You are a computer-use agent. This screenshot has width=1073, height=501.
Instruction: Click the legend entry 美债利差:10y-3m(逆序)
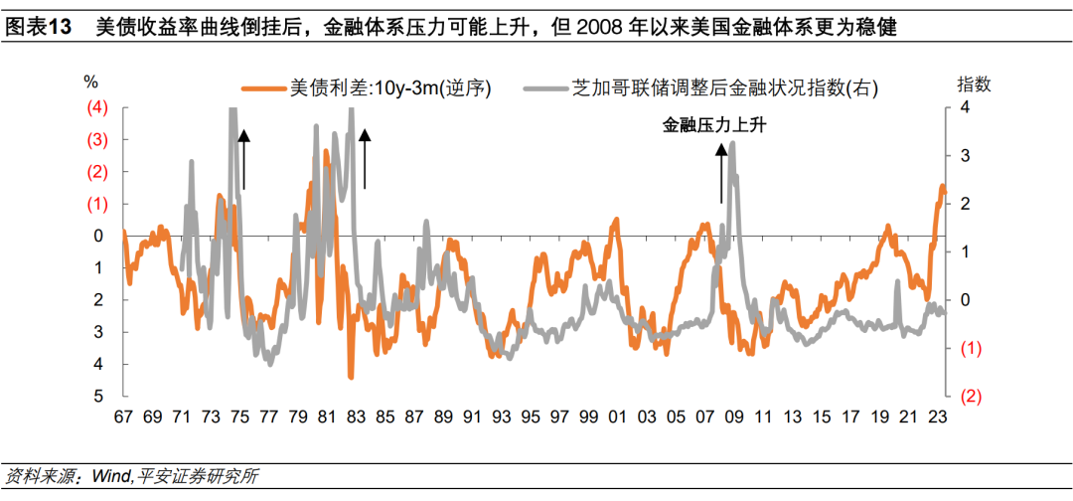click(389, 88)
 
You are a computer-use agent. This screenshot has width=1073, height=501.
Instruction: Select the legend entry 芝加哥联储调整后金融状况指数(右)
click(724, 88)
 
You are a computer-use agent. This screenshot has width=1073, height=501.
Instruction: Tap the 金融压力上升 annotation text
click(715, 125)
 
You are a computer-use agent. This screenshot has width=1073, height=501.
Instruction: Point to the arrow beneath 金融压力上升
click(721, 172)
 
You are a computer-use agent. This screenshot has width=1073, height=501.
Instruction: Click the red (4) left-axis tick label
click(98, 107)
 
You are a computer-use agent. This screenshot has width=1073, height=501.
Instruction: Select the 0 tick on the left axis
click(98, 236)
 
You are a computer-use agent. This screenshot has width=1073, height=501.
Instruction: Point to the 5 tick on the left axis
click(98, 396)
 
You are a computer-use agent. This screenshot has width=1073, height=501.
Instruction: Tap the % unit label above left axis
click(91, 83)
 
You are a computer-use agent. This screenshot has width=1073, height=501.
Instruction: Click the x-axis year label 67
click(123, 417)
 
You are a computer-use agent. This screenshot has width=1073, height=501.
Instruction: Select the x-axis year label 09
click(734, 417)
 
